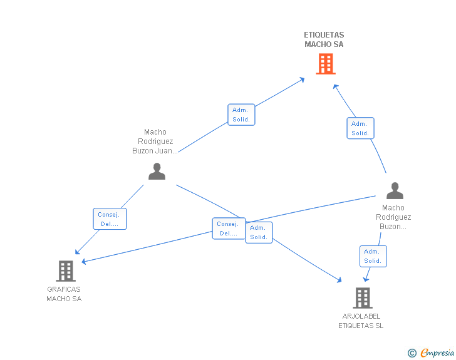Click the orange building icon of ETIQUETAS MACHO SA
[325, 64]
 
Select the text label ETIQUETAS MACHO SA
[324, 39]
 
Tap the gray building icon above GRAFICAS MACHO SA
[65, 270]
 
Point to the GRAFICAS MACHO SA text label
[64, 294]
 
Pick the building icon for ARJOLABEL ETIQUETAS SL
[362, 298]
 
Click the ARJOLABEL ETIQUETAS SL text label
[361, 321]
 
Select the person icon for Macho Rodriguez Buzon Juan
[157, 171]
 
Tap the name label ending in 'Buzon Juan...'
[155, 141]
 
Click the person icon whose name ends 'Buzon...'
[395, 190]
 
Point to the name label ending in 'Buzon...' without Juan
[393, 217]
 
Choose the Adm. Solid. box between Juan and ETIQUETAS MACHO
[241, 115]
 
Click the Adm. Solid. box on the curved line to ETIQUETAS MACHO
[360, 128]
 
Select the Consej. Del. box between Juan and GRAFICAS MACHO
[110, 219]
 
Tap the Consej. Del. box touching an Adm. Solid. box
[228, 229]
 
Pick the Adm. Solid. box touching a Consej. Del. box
[259, 232]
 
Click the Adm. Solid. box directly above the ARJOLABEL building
[373, 256]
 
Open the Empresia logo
[437, 353]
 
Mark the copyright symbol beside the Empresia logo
[412, 353]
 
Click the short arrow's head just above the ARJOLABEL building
[366, 279]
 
